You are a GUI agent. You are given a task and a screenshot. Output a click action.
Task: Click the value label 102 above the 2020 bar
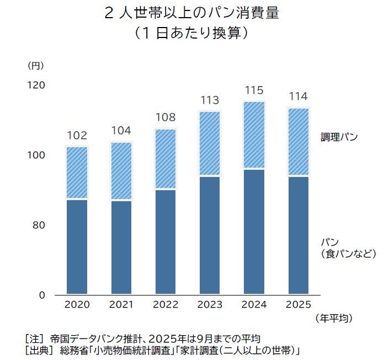[77, 135]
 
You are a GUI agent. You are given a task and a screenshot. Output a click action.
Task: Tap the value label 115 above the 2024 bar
[254, 90]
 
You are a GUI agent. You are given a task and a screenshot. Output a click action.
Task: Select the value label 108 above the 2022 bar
[165, 117]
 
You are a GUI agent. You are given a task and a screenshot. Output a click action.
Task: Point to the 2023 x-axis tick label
[210, 304]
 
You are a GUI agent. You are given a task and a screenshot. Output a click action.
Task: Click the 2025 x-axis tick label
[299, 304]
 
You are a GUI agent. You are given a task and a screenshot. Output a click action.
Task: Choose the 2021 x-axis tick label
[121, 304]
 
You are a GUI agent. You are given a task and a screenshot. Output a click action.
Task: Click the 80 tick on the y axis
[39, 225]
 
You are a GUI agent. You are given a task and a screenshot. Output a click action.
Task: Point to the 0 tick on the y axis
[41, 295]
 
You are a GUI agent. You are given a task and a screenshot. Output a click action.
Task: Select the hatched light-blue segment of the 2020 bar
[77, 172]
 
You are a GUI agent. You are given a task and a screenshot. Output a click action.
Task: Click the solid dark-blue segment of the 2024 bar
[254, 232]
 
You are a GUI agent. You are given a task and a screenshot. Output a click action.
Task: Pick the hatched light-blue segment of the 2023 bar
[210, 143]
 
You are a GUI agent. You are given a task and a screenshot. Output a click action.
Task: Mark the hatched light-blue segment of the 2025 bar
[299, 142]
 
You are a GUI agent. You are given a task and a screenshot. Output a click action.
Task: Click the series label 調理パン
[339, 137]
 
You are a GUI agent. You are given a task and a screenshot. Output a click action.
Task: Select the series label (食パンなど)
[348, 254]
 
